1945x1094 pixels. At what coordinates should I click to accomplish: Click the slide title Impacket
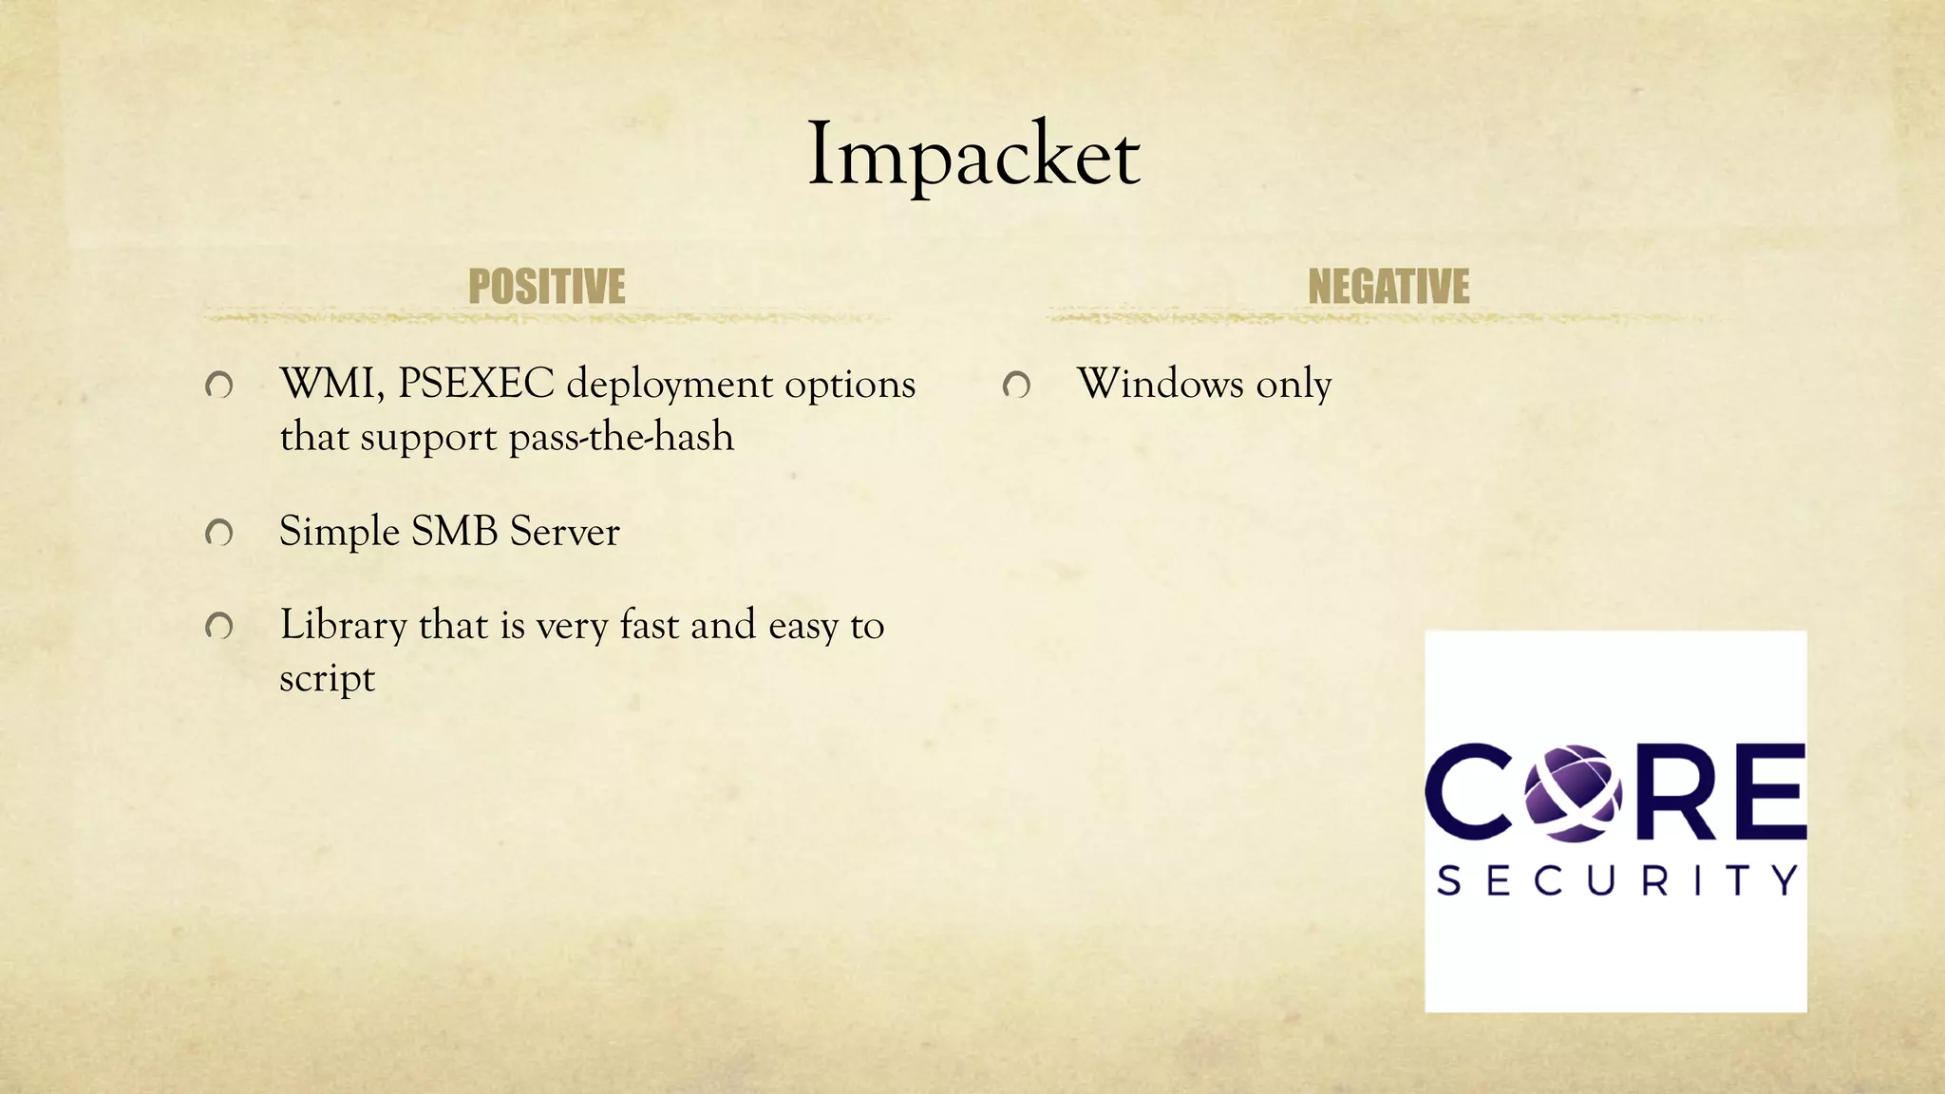pos(972,155)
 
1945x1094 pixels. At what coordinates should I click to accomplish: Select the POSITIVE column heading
pos(546,287)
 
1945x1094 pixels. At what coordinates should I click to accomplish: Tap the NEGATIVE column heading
pos(1388,287)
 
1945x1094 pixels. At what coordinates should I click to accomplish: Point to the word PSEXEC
pos(476,384)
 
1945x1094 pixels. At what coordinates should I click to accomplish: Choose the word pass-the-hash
pos(621,438)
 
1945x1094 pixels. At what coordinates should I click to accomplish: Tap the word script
pos(327,679)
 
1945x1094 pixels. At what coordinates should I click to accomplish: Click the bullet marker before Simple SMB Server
pos(219,534)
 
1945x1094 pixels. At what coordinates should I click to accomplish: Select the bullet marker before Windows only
pos(1016,386)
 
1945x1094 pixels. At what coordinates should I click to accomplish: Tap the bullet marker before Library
pos(219,627)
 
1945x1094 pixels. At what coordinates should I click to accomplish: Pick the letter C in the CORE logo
pos(1468,793)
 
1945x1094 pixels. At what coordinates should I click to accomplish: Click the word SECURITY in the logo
pos(1616,880)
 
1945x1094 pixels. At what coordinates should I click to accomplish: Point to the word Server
pos(564,532)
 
